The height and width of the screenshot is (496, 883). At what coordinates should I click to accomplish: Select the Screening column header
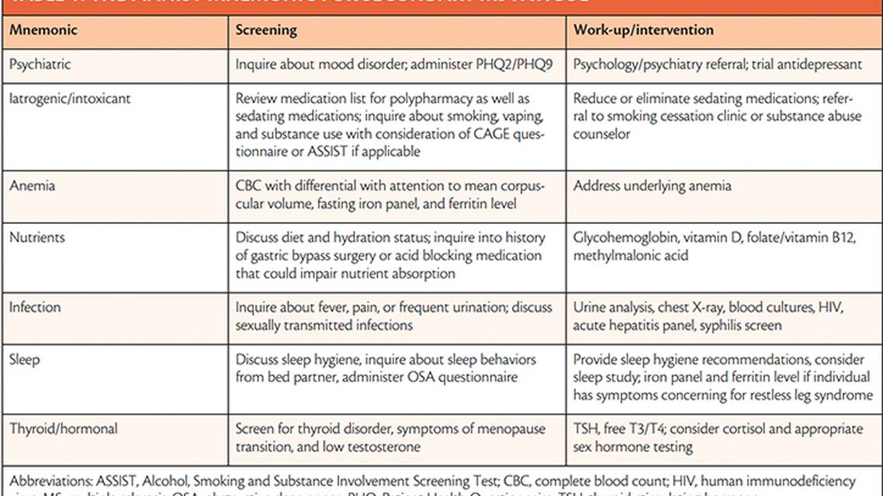(x=266, y=30)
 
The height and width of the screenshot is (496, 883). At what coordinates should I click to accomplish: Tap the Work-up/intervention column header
(x=643, y=30)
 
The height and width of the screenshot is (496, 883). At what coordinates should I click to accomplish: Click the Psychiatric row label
(x=40, y=65)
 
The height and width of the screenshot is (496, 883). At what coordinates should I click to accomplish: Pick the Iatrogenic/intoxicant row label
(x=69, y=99)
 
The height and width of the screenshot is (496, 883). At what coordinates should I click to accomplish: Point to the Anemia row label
(x=32, y=186)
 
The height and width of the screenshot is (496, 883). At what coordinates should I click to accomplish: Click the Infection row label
(x=35, y=308)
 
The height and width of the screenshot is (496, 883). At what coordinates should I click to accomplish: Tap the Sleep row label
(x=24, y=360)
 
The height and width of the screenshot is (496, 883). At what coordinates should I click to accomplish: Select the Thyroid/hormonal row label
(x=63, y=429)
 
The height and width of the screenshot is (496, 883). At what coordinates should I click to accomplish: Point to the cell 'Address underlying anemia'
(x=652, y=186)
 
